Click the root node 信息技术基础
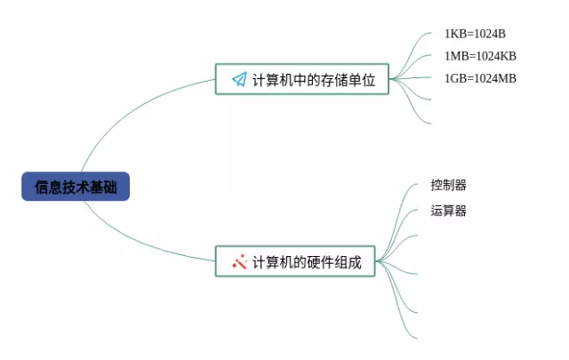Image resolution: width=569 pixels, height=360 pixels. coord(76,187)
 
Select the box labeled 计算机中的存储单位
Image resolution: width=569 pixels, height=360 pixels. coord(302,79)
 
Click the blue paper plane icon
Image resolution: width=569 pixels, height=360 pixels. coord(239,79)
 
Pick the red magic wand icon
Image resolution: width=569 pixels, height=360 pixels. coord(239,261)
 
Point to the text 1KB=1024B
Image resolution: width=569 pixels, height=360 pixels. coord(475,34)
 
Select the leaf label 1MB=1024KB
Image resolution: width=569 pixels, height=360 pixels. coord(480,56)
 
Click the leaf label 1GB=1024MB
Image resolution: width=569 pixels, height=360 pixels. coord(480,78)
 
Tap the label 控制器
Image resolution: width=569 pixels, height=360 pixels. coord(448,185)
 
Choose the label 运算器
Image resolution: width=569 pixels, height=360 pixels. coord(448,211)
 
